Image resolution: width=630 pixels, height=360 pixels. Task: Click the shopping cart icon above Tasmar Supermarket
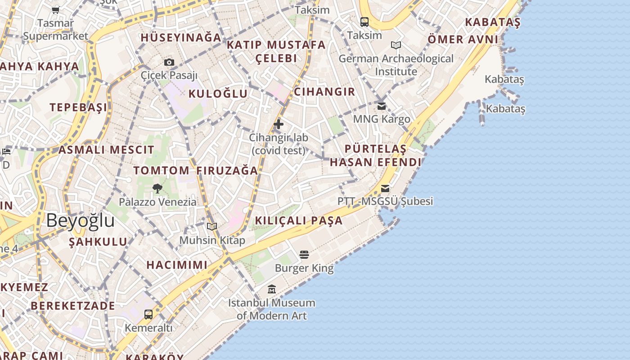[55, 10]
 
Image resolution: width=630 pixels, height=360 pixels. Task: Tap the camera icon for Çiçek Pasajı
[169, 62]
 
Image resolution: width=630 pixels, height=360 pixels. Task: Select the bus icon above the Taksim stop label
[364, 22]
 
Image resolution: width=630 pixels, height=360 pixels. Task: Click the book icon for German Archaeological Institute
[396, 45]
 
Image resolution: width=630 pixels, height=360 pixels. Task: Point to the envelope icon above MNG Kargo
[382, 106]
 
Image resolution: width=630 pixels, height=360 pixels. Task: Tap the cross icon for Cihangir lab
[279, 124]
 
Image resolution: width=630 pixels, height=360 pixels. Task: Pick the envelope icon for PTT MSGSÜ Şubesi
[385, 189]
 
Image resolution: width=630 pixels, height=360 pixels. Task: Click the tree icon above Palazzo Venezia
[157, 189]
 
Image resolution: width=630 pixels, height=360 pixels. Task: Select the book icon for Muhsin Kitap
[212, 227]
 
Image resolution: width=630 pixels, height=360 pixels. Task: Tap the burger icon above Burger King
[304, 255]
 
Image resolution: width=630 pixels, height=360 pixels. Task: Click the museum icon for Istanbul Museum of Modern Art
[272, 289]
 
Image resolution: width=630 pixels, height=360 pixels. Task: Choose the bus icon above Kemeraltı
[148, 314]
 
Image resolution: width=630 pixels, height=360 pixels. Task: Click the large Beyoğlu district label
[80, 220]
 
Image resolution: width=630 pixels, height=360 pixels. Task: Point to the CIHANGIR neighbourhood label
[324, 92]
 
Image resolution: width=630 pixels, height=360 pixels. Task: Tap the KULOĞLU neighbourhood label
[218, 94]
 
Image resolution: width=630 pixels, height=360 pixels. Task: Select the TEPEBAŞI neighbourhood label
[79, 107]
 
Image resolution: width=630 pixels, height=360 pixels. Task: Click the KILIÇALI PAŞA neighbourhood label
[299, 220]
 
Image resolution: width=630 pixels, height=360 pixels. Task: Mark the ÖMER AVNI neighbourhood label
[463, 39]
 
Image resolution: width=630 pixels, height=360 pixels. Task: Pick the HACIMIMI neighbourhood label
[177, 265]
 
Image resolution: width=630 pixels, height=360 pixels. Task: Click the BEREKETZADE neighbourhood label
[73, 306]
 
